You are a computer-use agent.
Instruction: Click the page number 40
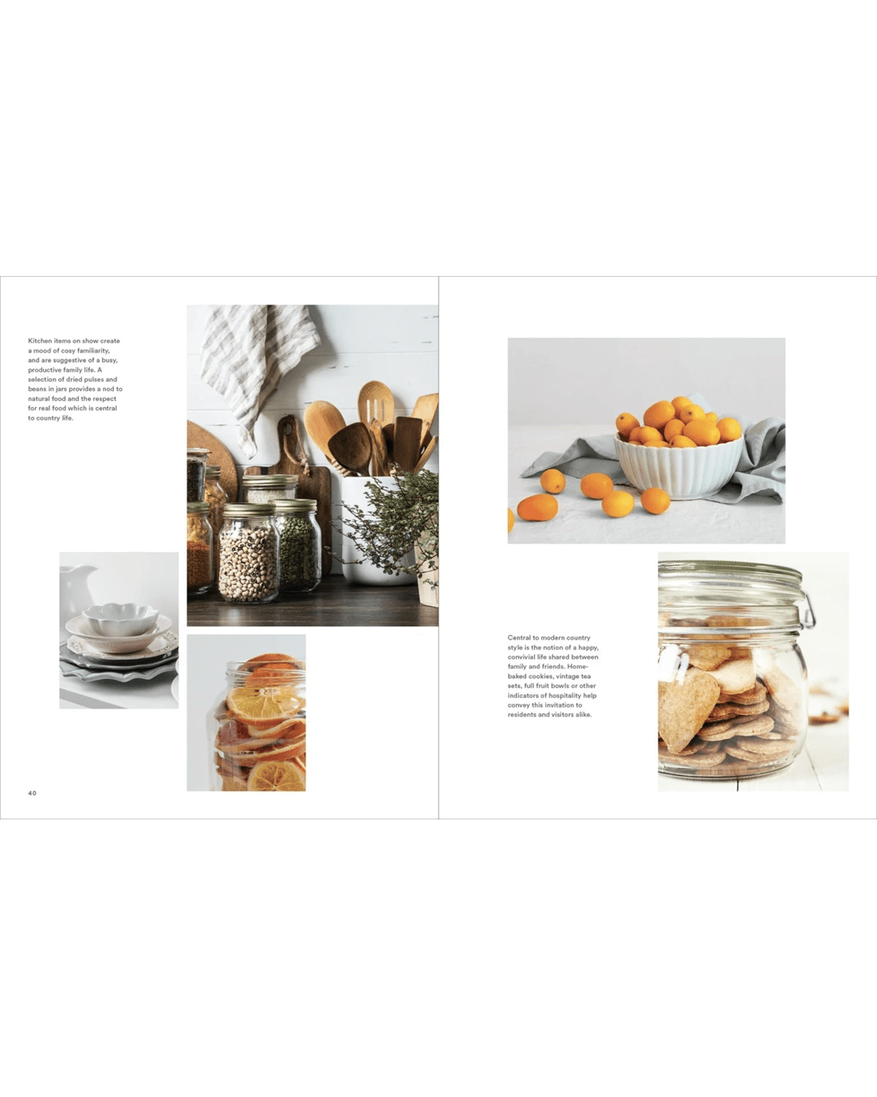(x=32, y=793)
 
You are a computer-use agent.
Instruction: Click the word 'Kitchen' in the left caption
(x=40, y=341)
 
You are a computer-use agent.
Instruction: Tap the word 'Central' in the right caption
(x=519, y=637)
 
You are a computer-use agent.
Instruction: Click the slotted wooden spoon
(x=376, y=403)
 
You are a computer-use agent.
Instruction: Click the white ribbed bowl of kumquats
(x=678, y=465)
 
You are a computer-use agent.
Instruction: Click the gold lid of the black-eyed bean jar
(x=250, y=509)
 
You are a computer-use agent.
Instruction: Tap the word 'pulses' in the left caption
(x=94, y=379)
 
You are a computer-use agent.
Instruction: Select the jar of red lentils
(x=200, y=548)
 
